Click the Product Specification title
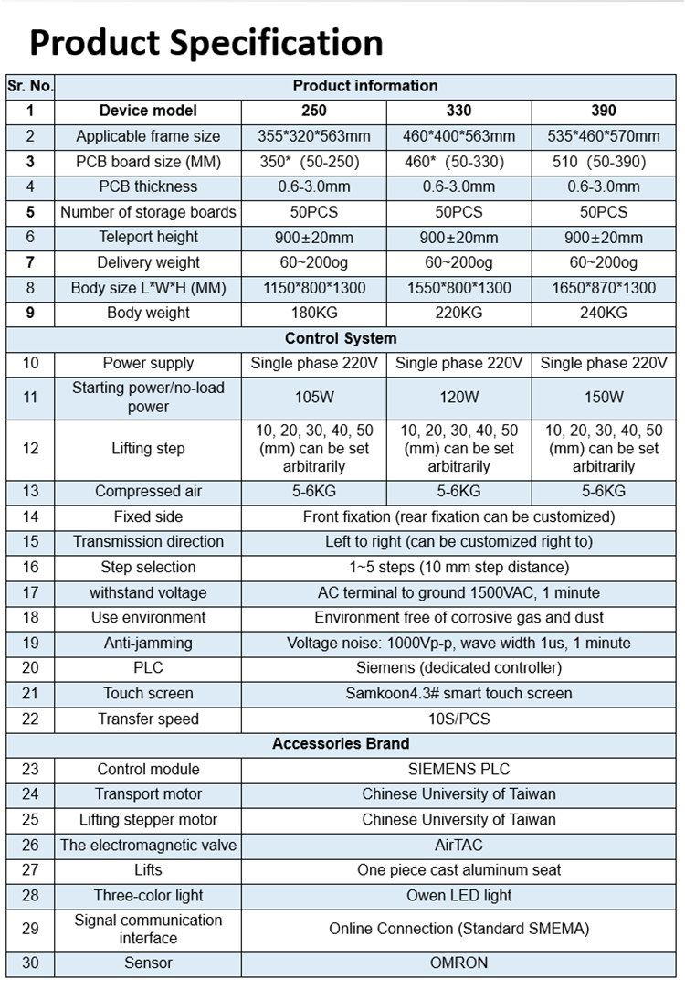coord(205,42)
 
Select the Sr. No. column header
coord(30,86)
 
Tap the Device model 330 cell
coord(458,111)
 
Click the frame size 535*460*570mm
coord(603,136)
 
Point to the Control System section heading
coord(341,338)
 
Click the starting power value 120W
coord(458,397)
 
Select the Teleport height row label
coord(148,237)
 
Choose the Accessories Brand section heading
coord(341,743)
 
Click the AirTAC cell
coord(458,845)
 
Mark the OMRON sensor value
coord(458,963)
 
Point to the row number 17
coord(30,592)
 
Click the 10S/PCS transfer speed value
coord(458,719)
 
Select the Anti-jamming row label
coord(148,643)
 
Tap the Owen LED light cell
coord(458,895)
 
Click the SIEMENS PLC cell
coord(458,769)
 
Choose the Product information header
coord(365,86)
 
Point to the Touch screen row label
coord(148,693)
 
